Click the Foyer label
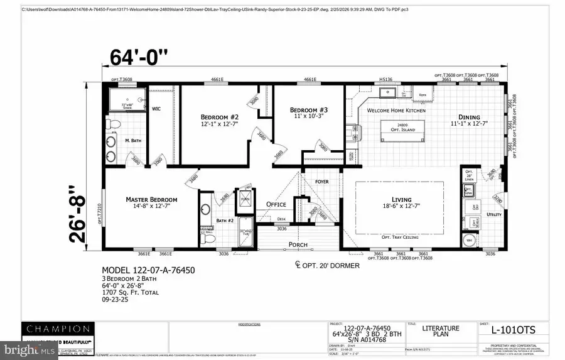pos(321,182)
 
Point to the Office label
pos(276,204)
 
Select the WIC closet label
pos(156,109)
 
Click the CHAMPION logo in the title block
pos(58,328)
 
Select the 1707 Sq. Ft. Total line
pos(130,292)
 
